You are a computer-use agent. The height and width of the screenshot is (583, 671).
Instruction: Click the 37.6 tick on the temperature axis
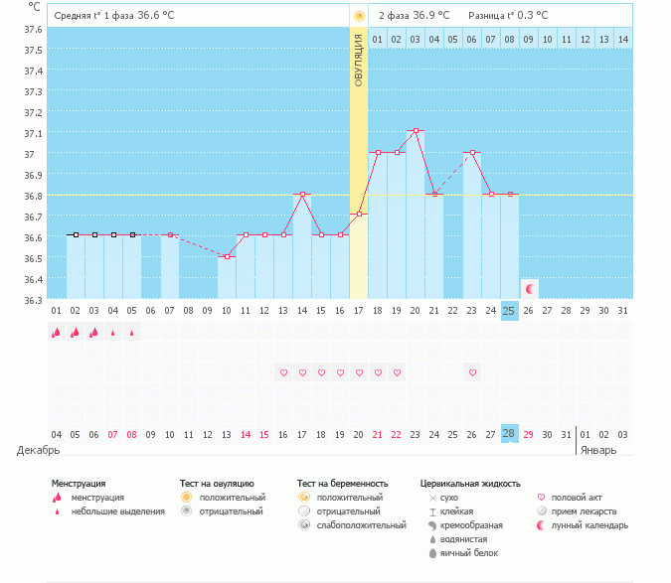coord(33,30)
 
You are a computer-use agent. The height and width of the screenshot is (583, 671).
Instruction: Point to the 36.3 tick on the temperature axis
coord(33,299)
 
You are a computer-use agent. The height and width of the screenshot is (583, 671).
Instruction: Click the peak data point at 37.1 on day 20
coord(416,131)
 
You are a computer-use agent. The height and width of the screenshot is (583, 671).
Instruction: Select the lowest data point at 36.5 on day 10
coord(227,256)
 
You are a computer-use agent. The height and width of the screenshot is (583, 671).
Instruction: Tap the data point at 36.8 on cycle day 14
coord(302,194)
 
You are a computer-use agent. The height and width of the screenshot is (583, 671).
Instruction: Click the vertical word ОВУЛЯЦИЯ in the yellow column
coord(359,59)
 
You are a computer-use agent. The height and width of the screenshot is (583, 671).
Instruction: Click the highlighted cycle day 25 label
coord(509,311)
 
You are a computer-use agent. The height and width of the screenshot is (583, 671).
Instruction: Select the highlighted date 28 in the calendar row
coord(509,435)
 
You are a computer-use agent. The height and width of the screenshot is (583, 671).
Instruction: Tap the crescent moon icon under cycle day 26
coord(530,288)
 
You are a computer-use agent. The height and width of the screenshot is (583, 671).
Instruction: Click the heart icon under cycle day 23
coord(472,372)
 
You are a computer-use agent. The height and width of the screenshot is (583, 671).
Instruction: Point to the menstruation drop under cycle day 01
coord(57,333)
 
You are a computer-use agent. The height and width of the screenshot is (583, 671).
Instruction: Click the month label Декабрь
coord(39,450)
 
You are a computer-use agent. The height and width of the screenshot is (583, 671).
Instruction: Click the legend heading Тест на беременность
coord(342,483)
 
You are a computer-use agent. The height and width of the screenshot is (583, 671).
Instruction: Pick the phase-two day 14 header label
coord(623,39)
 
